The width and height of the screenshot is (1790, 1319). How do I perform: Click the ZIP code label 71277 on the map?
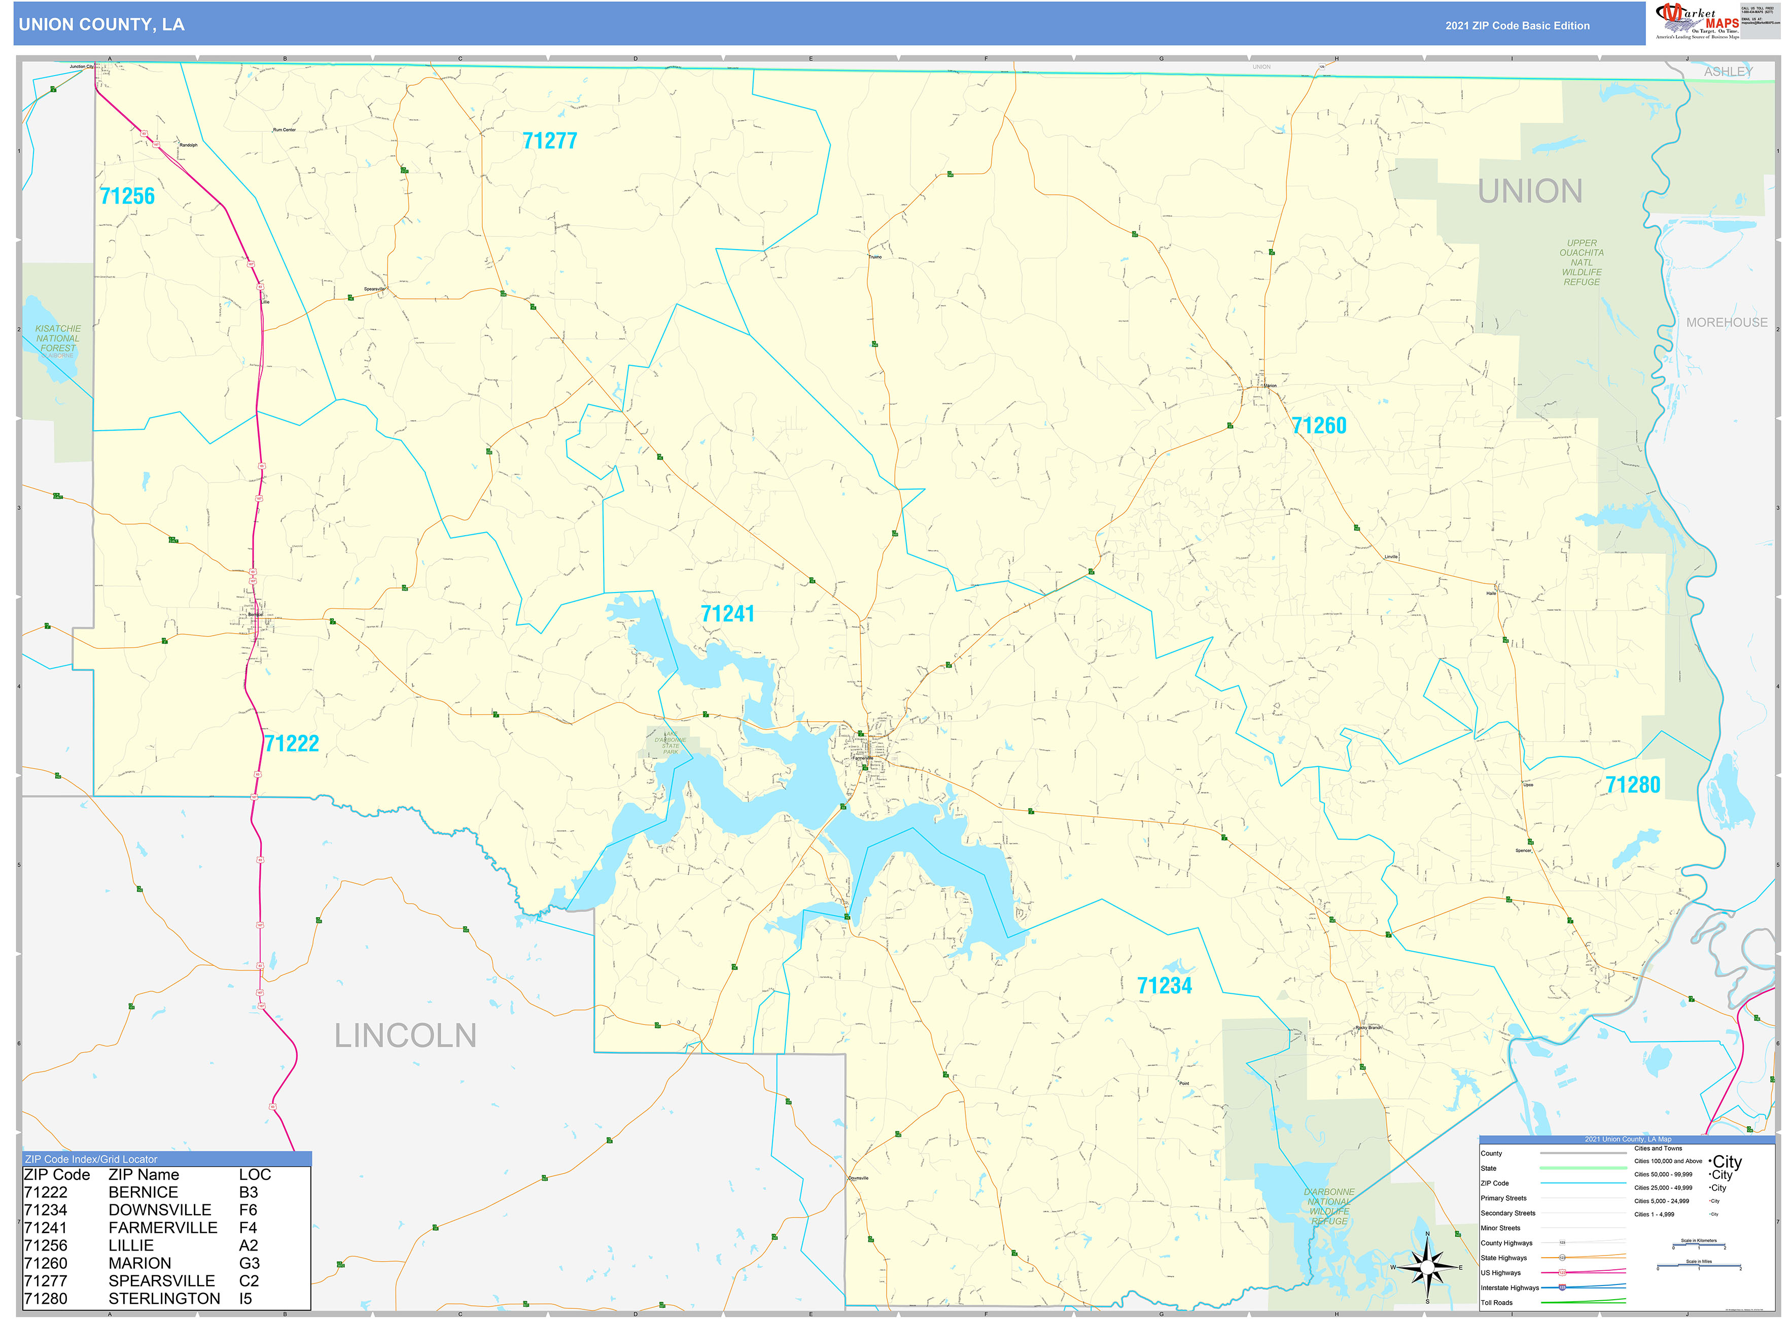click(549, 142)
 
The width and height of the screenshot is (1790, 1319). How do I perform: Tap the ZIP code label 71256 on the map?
click(127, 196)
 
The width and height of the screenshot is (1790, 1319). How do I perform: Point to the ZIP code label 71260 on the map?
click(1319, 426)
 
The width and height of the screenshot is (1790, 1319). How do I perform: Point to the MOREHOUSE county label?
click(1726, 323)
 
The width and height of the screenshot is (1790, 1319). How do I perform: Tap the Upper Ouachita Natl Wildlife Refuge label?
click(1581, 263)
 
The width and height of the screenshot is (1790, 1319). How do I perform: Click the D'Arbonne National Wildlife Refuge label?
click(1328, 1206)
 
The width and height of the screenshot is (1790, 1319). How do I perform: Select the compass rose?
click(1427, 1267)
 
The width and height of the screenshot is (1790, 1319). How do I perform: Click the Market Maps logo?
click(1697, 21)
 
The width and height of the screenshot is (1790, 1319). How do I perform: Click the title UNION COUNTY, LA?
click(101, 25)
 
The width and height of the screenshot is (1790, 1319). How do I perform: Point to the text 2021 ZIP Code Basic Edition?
click(1517, 25)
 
